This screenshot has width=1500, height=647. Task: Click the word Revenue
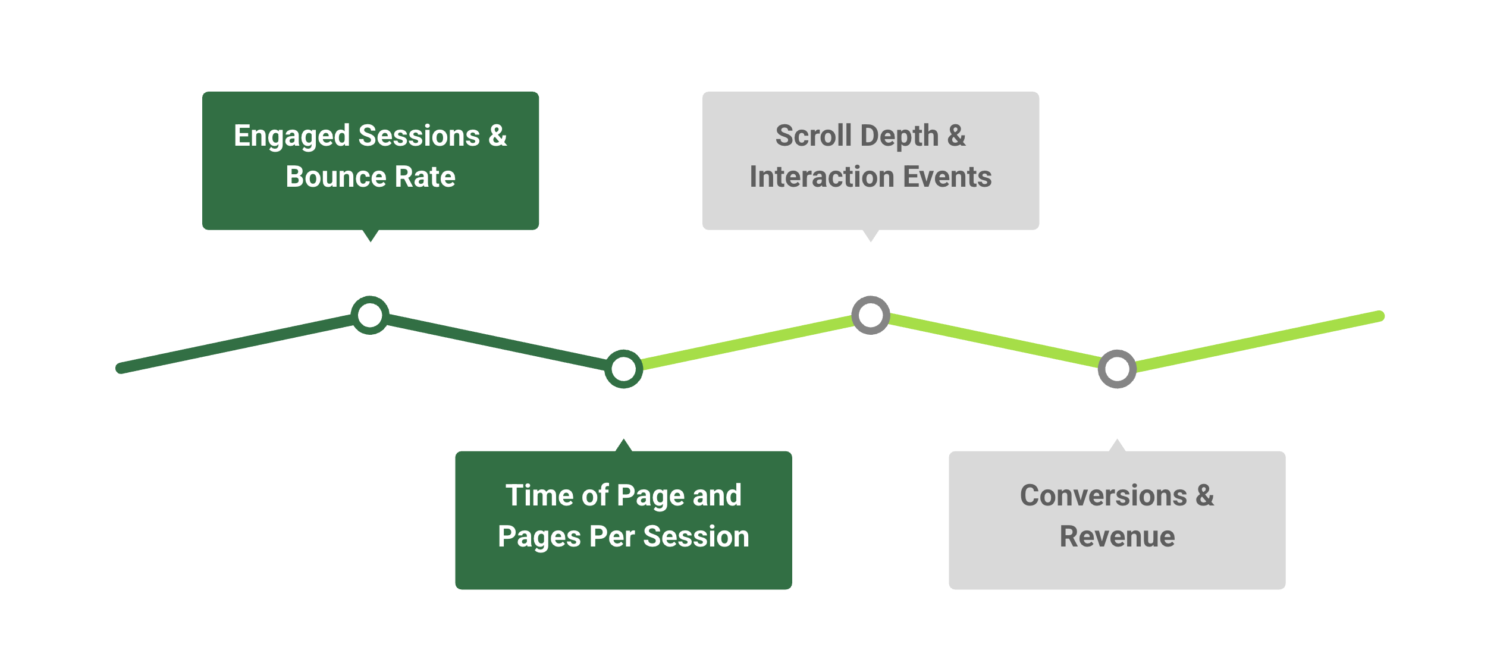coord(1117,536)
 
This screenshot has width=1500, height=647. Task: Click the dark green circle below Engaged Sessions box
coord(370,315)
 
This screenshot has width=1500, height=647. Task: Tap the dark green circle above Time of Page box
coord(623,369)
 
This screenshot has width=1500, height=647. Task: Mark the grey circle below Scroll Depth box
coord(871,315)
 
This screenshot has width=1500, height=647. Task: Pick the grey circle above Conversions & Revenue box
coord(1117,369)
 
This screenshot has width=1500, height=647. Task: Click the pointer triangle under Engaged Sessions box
coord(370,235)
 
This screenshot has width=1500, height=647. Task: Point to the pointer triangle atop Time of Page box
coord(623,445)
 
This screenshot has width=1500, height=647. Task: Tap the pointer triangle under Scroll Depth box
coord(871,235)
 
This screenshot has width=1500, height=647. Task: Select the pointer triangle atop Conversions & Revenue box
coord(1117,445)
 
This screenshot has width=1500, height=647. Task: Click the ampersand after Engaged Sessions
coord(497,136)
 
